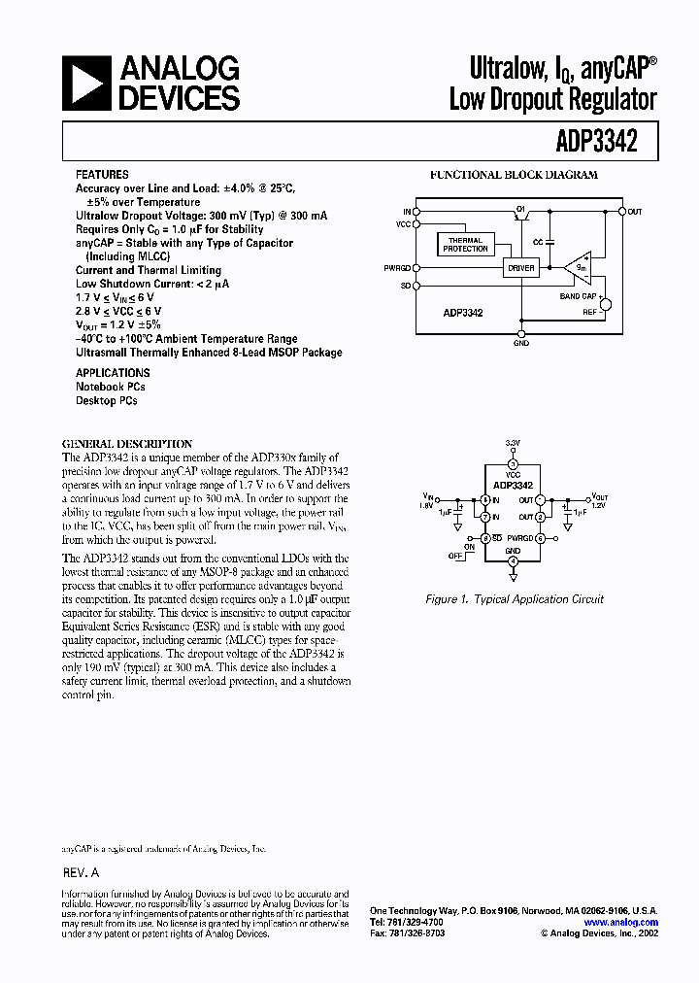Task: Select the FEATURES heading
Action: coord(102,175)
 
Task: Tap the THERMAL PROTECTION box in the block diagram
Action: coord(466,245)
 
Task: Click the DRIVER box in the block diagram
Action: coord(521,266)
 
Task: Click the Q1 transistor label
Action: coord(520,207)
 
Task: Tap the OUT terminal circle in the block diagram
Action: coord(621,211)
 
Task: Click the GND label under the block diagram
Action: coord(521,342)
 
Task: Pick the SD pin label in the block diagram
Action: coord(405,286)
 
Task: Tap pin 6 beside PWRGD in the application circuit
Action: coord(540,537)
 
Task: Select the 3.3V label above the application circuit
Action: coord(514,442)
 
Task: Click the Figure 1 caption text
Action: coord(515,599)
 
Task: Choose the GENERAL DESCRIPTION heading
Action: coord(127,443)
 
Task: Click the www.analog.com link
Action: coord(621,923)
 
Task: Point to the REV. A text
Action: coord(81,872)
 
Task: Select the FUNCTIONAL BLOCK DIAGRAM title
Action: coord(514,175)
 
